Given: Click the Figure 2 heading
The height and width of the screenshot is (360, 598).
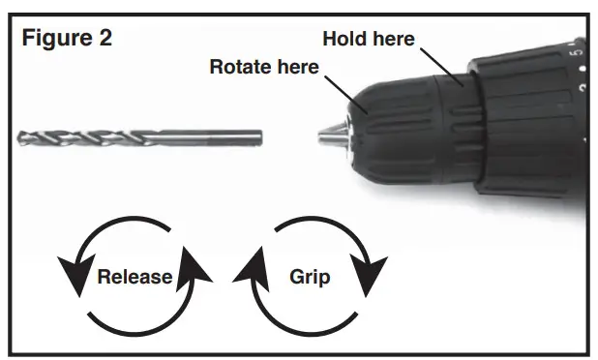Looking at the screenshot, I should point(66,38).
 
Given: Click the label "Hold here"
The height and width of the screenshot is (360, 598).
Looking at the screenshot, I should point(368,40).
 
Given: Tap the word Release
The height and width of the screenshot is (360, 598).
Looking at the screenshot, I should point(135,277).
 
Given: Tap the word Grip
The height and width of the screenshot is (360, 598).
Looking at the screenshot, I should point(310,277).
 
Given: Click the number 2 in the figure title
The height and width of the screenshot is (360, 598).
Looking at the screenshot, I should point(102,38).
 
